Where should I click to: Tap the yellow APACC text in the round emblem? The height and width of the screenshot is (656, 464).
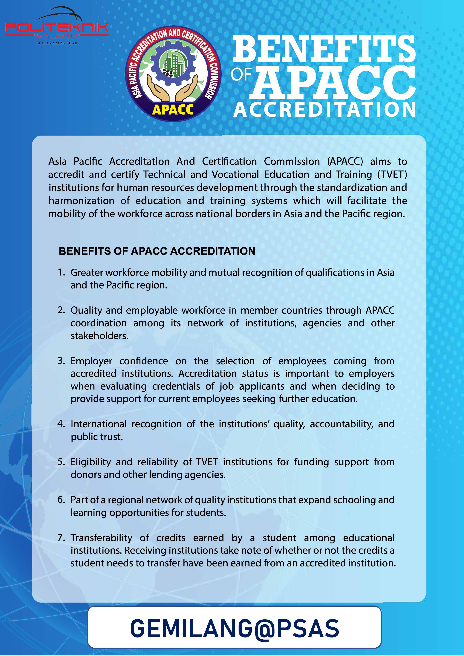pyautogui.click(x=173, y=109)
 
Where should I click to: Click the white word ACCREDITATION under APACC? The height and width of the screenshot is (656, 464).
pyautogui.click(x=324, y=110)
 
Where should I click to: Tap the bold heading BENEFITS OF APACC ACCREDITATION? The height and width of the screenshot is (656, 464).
pyautogui.click(x=157, y=251)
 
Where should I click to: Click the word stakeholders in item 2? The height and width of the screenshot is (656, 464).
pyautogui.click(x=99, y=336)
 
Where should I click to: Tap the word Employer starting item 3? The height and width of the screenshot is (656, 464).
pyautogui.click(x=91, y=361)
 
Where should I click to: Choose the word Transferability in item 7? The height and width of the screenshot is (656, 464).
pyautogui.click(x=102, y=537)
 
